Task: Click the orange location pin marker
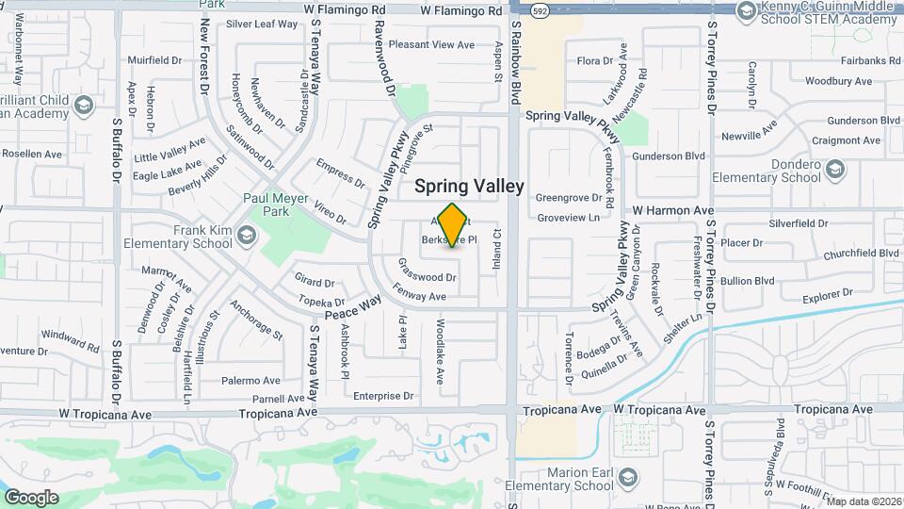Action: [x=453, y=224]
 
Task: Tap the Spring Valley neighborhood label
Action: [x=469, y=187]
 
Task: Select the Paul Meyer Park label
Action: [x=276, y=205]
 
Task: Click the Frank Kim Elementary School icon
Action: [x=247, y=235]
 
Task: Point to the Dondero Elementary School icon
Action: [x=834, y=170]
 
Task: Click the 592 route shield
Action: [x=539, y=12]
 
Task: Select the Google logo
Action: [x=31, y=497]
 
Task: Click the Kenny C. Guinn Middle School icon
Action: [x=746, y=10]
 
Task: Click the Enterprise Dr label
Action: [x=383, y=397]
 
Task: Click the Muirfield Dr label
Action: [x=154, y=60]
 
